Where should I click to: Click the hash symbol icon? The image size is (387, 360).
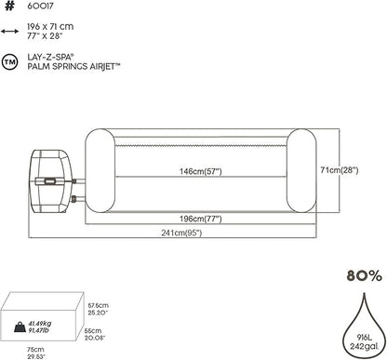coord(9,7)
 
